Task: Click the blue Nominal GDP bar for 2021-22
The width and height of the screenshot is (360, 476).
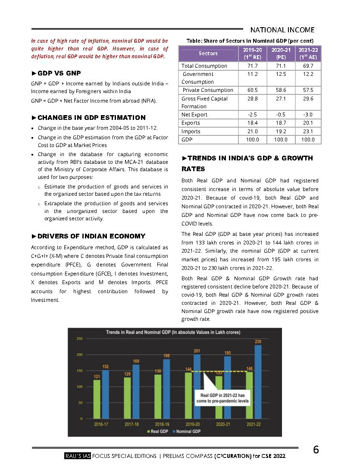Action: tap(258, 382)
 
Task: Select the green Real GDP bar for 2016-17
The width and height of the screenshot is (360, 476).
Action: tap(97, 399)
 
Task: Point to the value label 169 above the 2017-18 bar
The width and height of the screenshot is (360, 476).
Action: tap(135, 361)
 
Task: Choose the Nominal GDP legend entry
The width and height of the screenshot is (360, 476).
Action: tap(186, 431)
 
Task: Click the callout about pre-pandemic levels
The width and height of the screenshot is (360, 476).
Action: tap(222, 398)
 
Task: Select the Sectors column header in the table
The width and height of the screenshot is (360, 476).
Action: tap(208, 53)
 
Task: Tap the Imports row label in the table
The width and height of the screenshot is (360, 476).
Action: tap(191, 132)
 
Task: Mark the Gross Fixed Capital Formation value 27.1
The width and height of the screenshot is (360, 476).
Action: tap(281, 99)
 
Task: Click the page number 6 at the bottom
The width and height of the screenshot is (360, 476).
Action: tap(316, 450)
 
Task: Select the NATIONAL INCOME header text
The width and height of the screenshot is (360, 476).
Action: tap(282, 30)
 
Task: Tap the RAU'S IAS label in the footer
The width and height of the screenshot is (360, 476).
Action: tap(77, 456)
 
